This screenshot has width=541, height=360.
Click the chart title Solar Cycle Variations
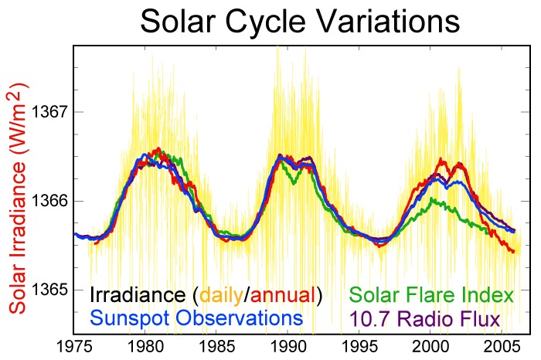(x=300, y=22)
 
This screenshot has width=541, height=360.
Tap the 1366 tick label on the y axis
(x=50, y=201)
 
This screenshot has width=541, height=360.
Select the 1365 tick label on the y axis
(x=50, y=290)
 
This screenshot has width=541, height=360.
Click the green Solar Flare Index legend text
(x=431, y=295)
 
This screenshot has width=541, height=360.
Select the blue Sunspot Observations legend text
(x=196, y=318)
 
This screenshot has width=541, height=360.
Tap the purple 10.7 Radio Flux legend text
(x=424, y=318)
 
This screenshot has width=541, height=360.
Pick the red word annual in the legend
(x=283, y=295)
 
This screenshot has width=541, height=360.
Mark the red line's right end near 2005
(x=514, y=251)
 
